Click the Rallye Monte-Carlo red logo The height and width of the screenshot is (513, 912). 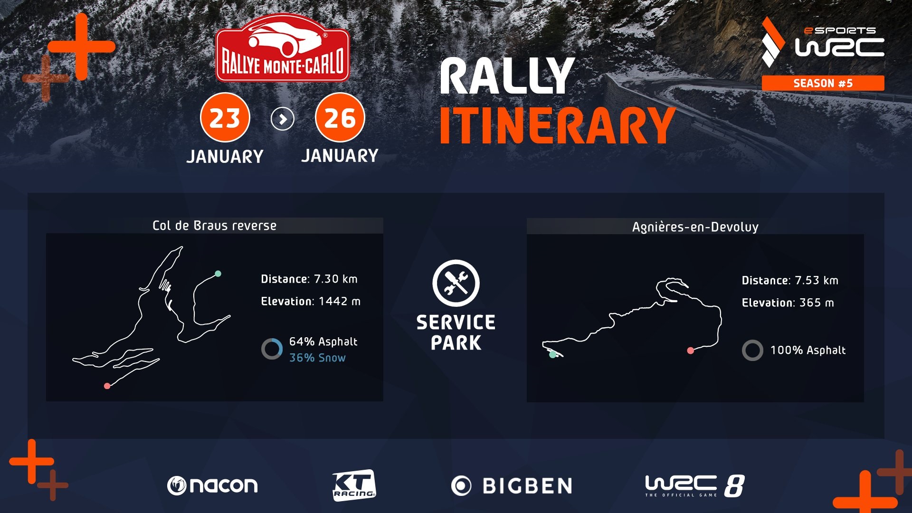coord(283,48)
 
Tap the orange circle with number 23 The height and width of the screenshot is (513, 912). coord(225,118)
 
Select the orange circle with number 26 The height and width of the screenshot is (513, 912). coord(340,118)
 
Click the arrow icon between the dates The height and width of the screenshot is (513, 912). coord(283,119)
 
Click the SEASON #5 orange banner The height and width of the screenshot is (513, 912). coord(823,83)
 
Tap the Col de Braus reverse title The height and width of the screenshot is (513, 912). coord(214,226)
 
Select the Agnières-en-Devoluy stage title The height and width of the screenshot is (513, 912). coord(695,227)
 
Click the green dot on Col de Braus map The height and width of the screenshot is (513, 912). coord(218,274)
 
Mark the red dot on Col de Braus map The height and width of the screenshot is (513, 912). coord(107,386)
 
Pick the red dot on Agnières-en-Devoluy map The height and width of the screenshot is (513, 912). coord(691,351)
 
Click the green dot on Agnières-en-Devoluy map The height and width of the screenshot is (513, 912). coord(552,354)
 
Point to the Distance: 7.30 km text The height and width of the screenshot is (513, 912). coord(309,279)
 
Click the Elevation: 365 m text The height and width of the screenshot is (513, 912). coord(788,303)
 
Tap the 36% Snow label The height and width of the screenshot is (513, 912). coord(317,358)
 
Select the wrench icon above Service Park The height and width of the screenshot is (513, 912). coord(456,283)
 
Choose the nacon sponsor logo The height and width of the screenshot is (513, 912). coord(212,485)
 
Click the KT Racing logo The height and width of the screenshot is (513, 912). coord(354,485)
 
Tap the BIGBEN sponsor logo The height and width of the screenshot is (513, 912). coord(512,486)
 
